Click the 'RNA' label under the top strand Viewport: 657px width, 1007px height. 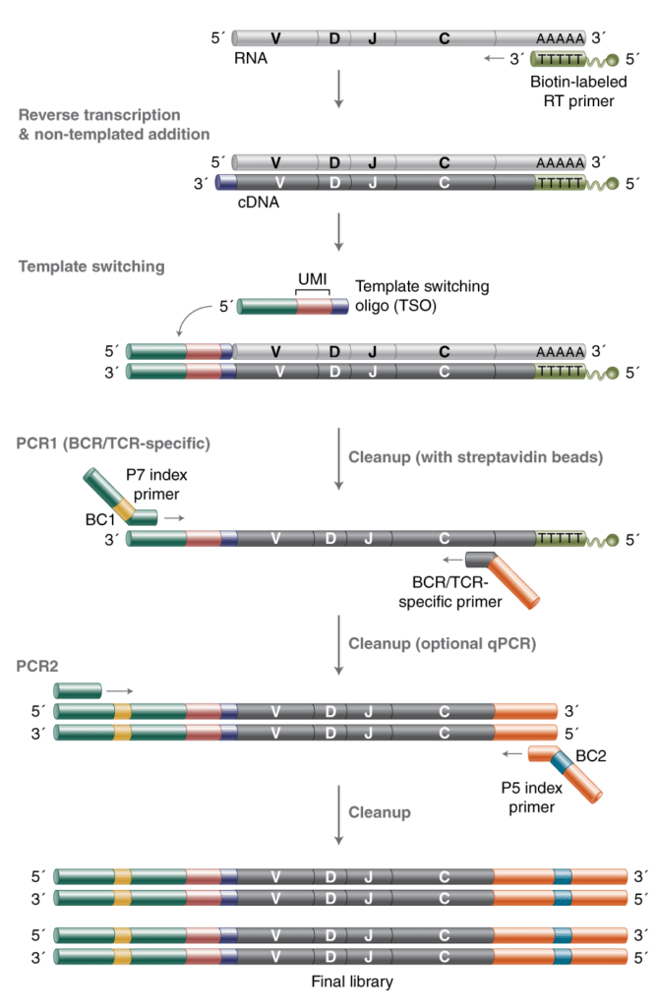pos(252,59)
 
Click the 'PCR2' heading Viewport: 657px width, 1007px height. pos(35,666)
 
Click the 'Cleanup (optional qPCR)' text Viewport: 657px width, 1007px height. pos(420,642)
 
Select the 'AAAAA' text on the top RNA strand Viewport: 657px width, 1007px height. pos(560,38)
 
